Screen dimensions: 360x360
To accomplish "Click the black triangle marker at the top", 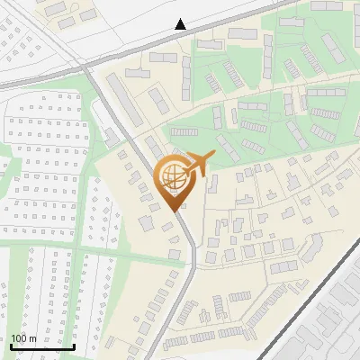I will [x=181, y=24].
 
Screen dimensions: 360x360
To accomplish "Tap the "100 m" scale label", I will [x=23, y=338].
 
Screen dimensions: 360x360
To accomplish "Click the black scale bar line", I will [x=42, y=346].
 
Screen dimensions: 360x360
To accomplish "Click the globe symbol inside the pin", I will [x=172, y=175].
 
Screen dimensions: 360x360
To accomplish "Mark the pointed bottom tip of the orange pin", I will [x=173, y=210].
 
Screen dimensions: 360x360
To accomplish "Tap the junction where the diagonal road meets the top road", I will [x=82, y=66].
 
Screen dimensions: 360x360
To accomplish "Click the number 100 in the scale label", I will [x=18, y=338].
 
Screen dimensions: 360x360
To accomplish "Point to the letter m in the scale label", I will [x=32, y=338].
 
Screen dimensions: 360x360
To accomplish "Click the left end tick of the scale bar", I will [x=11, y=345].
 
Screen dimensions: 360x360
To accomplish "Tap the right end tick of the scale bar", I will [x=74, y=345].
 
